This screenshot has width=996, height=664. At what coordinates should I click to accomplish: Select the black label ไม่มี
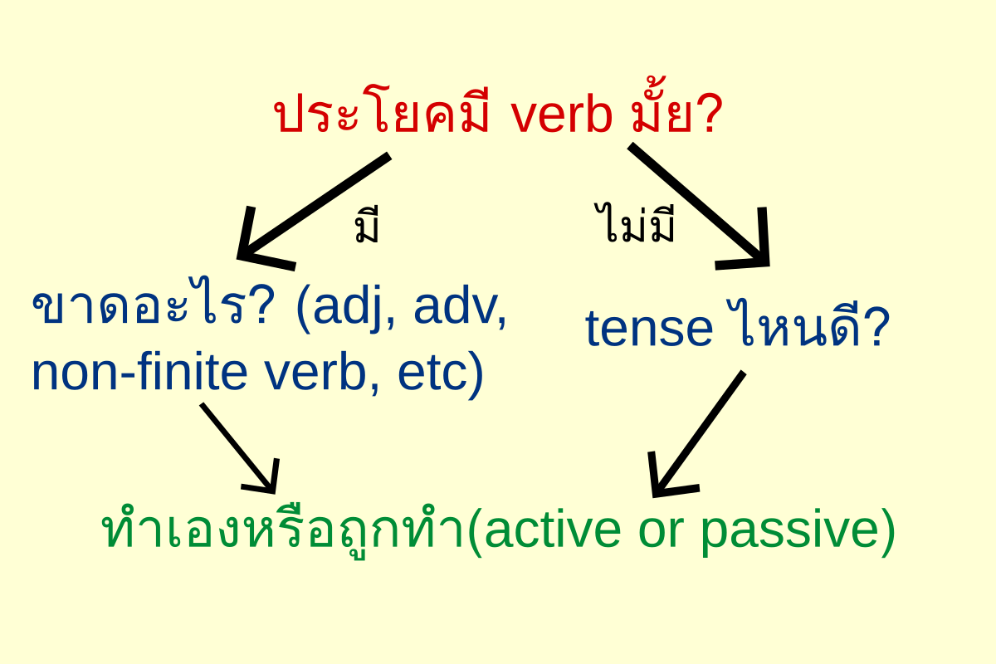click(634, 222)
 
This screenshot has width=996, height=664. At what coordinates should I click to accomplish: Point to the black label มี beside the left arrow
click(367, 225)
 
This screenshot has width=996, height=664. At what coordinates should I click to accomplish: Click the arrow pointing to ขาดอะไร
click(314, 212)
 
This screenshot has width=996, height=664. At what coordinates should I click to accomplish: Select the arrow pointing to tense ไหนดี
click(699, 207)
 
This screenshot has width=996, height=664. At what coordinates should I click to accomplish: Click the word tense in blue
click(649, 330)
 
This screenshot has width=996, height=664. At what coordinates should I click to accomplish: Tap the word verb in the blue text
click(315, 372)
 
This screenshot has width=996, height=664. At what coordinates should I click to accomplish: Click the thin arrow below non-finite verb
click(240, 448)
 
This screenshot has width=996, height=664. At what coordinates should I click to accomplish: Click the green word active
click(551, 530)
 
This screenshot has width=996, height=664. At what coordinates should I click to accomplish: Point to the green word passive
click(790, 532)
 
